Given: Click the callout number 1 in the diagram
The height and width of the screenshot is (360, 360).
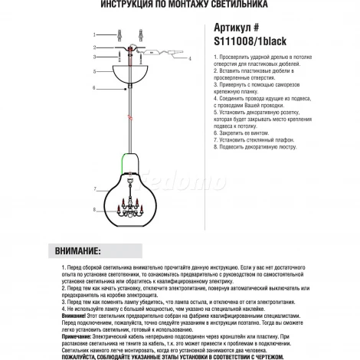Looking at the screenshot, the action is (94, 35).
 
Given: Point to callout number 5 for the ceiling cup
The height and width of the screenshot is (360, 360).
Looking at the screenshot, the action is (93, 71).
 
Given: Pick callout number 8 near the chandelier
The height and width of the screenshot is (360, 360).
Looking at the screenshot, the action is (93, 209).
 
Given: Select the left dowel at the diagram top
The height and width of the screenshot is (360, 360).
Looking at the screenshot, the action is (119, 35).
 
